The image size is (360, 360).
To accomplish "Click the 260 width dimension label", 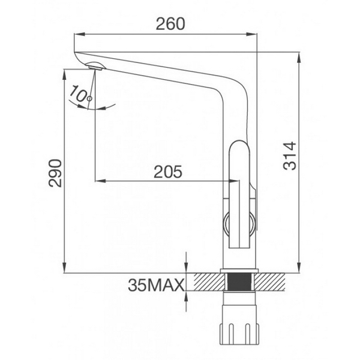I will (170, 24).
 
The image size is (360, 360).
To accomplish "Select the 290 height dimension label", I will (55, 173).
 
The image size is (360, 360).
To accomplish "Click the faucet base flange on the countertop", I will (240, 271).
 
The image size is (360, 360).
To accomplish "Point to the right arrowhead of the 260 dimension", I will (253, 35).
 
